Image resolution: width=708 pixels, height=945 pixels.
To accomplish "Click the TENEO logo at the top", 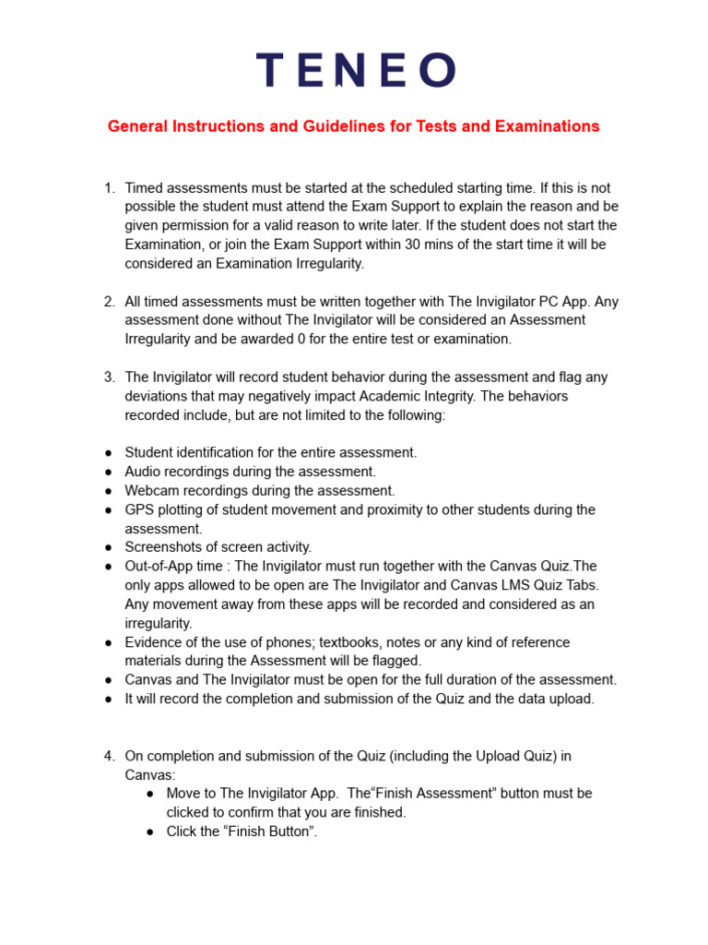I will click(x=355, y=70).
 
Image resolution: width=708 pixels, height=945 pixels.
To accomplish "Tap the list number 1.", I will click(x=109, y=188).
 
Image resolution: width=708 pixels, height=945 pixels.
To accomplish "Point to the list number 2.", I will click(x=109, y=302).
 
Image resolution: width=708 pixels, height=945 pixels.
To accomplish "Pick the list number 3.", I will click(x=109, y=377).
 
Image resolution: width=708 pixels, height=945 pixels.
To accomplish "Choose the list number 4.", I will click(x=109, y=756).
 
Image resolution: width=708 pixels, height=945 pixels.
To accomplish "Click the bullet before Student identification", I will click(x=108, y=453).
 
